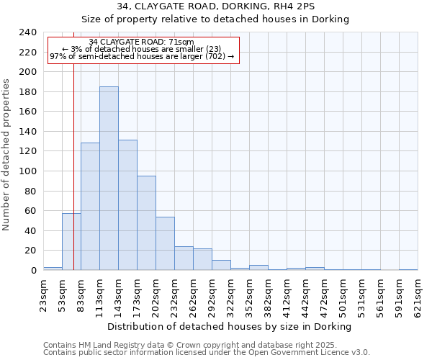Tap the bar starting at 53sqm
71,242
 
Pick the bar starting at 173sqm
146,223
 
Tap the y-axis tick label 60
30,211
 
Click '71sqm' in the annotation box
180,42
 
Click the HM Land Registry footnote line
189,345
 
